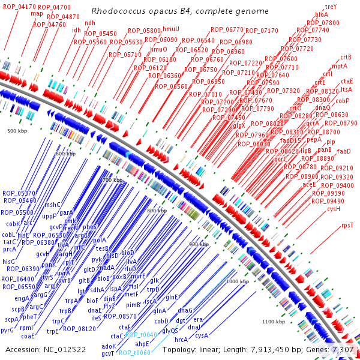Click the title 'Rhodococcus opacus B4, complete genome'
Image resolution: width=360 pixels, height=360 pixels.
coord(171,11)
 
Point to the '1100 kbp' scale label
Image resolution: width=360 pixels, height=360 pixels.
coord(273,322)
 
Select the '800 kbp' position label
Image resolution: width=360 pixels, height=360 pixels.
coord(157,211)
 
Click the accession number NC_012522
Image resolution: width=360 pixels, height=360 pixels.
coord(46,349)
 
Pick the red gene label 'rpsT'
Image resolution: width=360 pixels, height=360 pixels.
coord(347,225)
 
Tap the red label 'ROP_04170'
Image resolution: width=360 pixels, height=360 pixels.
coord(18,7)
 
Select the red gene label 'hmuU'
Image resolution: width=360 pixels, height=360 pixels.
coord(171,29)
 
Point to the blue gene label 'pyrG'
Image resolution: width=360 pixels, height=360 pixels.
coord(7,330)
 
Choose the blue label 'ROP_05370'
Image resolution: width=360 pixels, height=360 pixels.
coord(19,193)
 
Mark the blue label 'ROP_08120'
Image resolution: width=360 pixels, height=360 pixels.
coord(79,328)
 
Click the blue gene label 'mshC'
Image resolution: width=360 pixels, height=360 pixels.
coord(53,205)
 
